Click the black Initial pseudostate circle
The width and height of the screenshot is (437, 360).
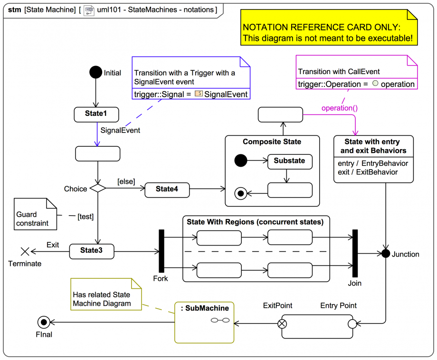click(96, 72)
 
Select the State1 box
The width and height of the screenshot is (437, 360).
click(96, 114)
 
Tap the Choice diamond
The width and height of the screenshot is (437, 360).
click(97, 189)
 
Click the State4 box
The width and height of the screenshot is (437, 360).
click(167, 189)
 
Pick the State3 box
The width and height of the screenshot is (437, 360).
click(92, 251)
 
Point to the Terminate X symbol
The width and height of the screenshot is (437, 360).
click(25, 251)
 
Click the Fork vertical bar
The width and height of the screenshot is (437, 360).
click(161, 251)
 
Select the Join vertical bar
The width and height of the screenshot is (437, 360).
click(354, 254)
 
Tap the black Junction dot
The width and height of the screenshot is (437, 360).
click(385, 254)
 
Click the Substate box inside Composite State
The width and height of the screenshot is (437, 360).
click(289, 161)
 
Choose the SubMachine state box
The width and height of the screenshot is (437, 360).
click(204, 322)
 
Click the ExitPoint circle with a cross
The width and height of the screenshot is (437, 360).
click(282, 324)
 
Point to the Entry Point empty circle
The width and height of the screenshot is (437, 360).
click(352, 324)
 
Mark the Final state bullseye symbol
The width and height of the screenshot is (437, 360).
click(44, 322)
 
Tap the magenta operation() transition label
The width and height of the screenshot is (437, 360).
click(339, 108)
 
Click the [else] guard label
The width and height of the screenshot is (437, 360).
click(126, 181)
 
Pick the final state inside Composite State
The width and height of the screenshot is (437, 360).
click(241, 193)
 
